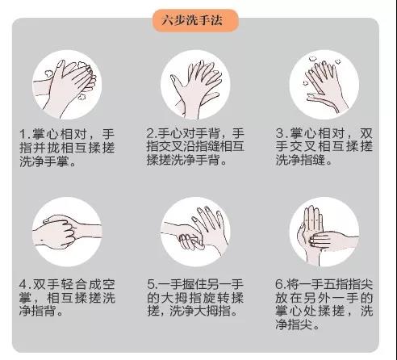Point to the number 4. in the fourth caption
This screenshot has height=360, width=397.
coord(26,285)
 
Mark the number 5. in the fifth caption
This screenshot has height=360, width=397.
coord(153,285)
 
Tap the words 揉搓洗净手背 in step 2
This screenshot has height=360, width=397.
coord(185,161)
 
